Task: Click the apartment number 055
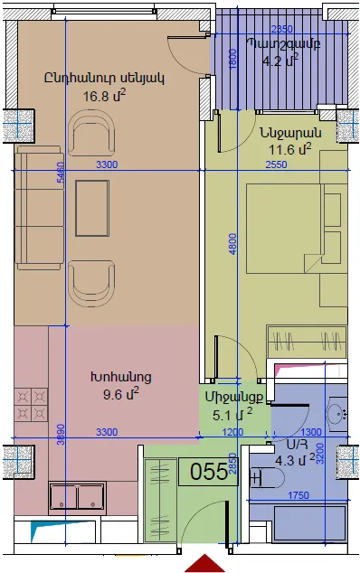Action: [209, 472]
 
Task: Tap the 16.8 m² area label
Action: [104, 96]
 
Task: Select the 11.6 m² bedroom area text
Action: [290, 149]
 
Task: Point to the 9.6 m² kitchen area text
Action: [120, 394]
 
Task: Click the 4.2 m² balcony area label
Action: [280, 60]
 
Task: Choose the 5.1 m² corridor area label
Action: [232, 415]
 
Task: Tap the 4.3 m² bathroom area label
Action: [295, 460]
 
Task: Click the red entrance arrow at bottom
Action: [204, 563]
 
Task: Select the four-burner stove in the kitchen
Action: [31, 405]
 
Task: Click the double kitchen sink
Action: [77, 496]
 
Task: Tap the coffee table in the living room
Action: [92, 208]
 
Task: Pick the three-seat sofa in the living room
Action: [38, 208]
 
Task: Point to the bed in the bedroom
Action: [297, 229]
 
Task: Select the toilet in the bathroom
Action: [266, 477]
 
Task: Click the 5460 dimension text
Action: [61, 172]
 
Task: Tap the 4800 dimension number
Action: [232, 244]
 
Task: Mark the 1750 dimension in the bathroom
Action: [298, 495]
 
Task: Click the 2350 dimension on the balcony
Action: [282, 29]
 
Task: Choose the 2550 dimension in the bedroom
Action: [277, 164]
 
